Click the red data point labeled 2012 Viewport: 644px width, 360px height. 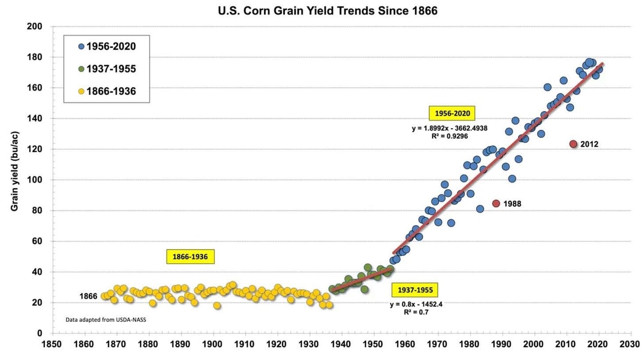(573, 144)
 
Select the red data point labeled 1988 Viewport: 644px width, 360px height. (496, 203)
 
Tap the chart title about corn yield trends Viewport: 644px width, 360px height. (327, 11)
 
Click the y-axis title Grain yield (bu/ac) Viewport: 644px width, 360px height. (15, 171)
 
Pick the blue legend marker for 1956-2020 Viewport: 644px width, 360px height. (81, 46)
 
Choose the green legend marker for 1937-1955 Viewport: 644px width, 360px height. (81, 69)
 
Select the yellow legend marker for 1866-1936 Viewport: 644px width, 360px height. (81, 92)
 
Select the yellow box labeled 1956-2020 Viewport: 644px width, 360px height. (452, 114)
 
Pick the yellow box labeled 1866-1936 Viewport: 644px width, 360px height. (190, 257)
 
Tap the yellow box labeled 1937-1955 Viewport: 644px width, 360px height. (414, 290)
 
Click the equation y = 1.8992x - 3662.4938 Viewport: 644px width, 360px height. (449, 129)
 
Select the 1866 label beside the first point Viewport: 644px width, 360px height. (88, 296)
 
